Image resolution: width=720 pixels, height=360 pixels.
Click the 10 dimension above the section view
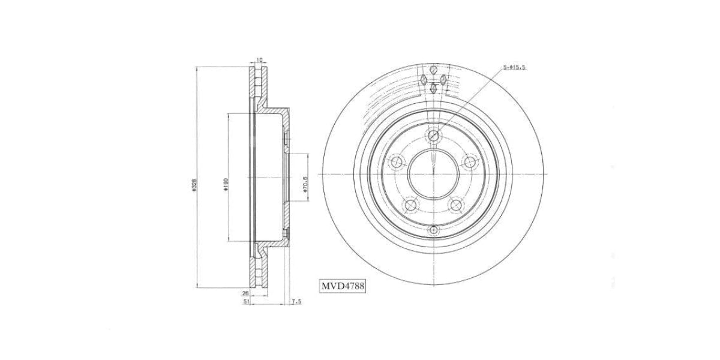[259, 59]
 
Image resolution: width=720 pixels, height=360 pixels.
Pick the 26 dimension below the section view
[245, 293]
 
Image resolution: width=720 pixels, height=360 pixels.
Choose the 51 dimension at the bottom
[246, 302]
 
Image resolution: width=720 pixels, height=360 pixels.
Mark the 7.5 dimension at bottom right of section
[295, 302]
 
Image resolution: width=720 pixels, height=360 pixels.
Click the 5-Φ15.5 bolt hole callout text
[514, 67]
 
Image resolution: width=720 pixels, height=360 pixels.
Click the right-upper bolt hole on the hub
[472, 161]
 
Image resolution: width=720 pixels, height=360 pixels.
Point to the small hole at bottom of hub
[434, 229]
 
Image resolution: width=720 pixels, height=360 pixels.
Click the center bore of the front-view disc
[434, 175]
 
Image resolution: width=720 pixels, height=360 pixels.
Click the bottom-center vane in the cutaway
[434, 89]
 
